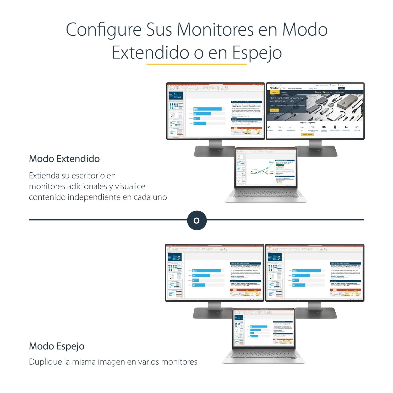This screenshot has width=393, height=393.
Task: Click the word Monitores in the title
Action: click(x=215, y=29)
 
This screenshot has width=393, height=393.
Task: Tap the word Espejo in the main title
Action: click(x=257, y=53)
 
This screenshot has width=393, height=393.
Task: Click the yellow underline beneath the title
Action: click(x=196, y=64)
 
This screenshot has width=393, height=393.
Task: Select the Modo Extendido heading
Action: click(x=64, y=159)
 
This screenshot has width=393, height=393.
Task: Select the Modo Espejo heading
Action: click(x=57, y=346)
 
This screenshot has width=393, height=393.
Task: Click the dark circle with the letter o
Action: click(x=197, y=220)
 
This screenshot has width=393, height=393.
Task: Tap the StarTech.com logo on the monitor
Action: click(x=277, y=88)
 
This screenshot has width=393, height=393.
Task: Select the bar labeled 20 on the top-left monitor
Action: click(x=196, y=119)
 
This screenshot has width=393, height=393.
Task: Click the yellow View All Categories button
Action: click(x=308, y=135)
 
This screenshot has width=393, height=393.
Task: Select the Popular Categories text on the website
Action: click(x=307, y=123)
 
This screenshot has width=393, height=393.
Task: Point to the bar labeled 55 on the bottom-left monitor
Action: click(x=201, y=276)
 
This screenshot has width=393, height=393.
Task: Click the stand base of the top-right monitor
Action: click(x=316, y=151)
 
